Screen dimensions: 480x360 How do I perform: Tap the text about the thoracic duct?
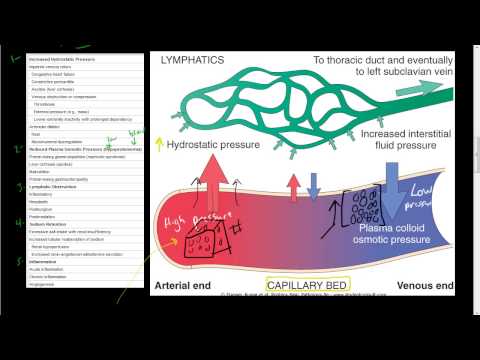(364, 67)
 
